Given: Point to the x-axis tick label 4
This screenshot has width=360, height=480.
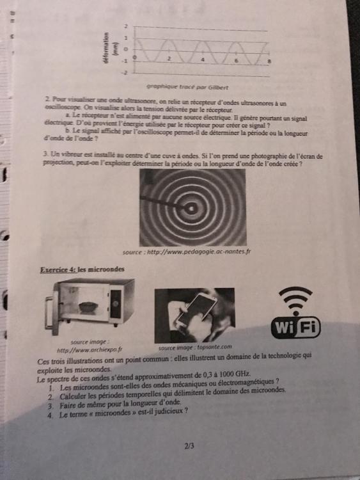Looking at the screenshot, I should [x=203, y=58].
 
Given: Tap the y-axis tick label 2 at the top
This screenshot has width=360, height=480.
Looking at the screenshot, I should [x=126, y=26].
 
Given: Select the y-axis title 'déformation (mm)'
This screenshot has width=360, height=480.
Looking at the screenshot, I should [x=111, y=49].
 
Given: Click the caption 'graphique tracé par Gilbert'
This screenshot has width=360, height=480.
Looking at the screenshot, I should [x=187, y=86].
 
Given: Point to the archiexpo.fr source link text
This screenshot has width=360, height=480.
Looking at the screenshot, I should [x=89, y=350].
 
